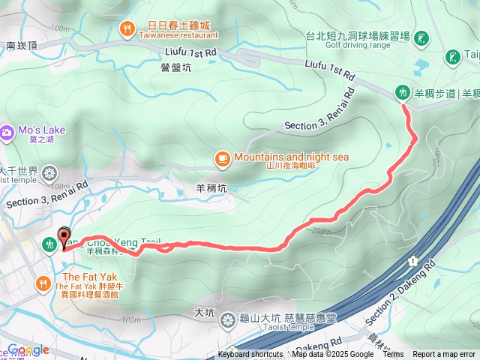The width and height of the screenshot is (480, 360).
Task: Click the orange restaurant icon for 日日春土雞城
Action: click(x=127, y=29)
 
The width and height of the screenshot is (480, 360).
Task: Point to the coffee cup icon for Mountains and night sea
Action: click(x=222, y=157)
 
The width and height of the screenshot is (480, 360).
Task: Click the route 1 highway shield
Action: click(x=412, y=260)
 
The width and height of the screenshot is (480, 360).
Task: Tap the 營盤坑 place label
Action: click(x=176, y=67)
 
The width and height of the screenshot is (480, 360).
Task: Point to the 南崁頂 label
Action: click(x=21, y=46)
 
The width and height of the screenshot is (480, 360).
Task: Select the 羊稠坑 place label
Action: click(x=211, y=189)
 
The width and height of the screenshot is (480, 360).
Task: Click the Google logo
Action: click(x=28, y=350)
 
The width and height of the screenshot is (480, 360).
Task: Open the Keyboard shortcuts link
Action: click(x=250, y=355)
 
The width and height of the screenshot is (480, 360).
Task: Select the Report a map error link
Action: click(x=444, y=355)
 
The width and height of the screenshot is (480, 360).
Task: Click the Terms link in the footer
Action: click(x=393, y=355)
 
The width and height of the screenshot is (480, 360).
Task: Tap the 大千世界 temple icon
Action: click(x=49, y=174)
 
